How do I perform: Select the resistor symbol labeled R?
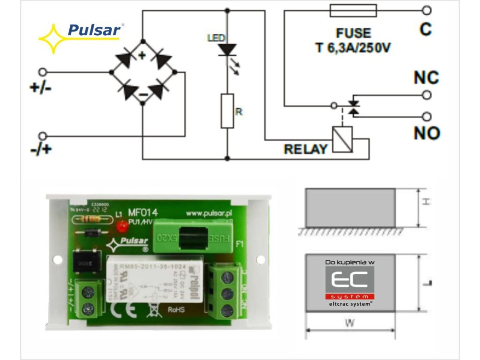tap(227, 111)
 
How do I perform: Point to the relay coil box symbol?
tap(341, 139)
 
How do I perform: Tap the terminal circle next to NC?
tap(427, 95)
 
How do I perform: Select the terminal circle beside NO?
tap(427, 116)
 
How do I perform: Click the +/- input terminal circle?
tap(43, 72)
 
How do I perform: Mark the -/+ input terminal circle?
tap(43, 136)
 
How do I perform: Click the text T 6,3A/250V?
tap(353, 48)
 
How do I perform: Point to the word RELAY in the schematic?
tap(306, 150)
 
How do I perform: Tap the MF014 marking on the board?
tap(142, 213)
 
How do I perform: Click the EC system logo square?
tap(350, 280)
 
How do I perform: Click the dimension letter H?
tap(425, 201)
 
